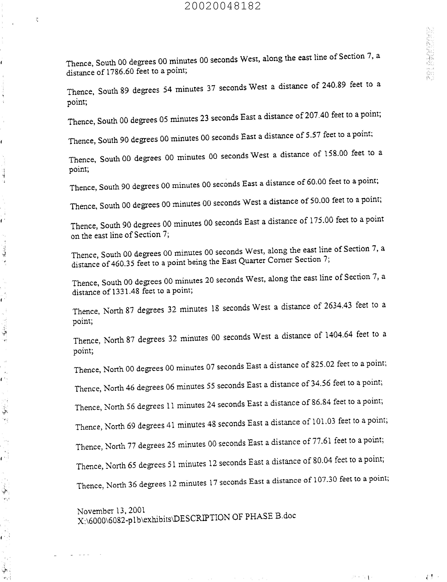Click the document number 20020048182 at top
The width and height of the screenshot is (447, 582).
(222, 6)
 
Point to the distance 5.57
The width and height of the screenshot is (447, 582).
(313, 135)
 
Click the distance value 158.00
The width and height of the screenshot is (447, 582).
(336, 154)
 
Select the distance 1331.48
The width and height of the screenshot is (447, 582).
(126, 291)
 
